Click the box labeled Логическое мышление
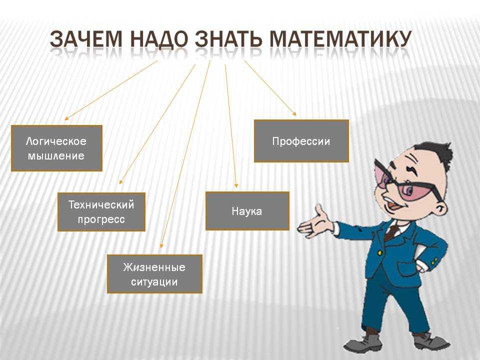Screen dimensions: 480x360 coord(56,148)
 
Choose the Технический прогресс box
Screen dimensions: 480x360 coord(101,212)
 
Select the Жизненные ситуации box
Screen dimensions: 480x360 coord(154,274)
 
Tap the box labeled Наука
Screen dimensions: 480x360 coord(247,211)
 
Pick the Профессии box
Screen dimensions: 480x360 coord(301,141)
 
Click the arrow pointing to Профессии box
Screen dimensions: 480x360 coord(270,88)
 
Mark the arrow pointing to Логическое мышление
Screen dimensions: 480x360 coord(111,89)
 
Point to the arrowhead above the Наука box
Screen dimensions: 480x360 coord(235,185)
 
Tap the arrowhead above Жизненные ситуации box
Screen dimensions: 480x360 coord(161,245)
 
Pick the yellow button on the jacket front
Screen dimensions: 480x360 coord(380,253)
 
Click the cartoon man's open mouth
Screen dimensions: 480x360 coord(393,205)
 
